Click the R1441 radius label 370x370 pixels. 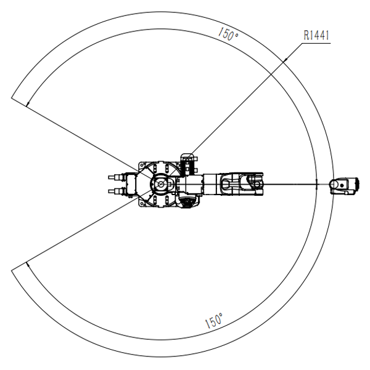316,35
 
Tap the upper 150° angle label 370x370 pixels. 228,34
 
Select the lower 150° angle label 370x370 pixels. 214,321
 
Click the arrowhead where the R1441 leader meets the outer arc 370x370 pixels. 285,60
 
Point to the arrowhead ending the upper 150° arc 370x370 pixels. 28,104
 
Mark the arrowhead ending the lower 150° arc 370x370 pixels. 28,264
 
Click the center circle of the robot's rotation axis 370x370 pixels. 161,184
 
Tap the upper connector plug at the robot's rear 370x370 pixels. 117,177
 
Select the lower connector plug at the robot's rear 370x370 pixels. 117,191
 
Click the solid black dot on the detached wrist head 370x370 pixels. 342,185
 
